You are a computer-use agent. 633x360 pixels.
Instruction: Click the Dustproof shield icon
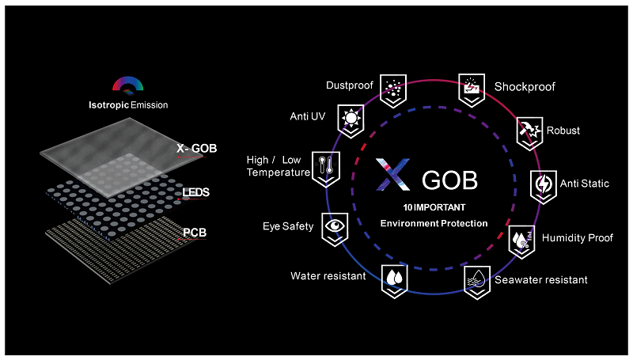392,86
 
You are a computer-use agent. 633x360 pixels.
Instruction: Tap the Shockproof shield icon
472,88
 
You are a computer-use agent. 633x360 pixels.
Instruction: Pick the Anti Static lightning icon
541,184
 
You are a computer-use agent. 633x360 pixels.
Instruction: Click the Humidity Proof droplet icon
520,238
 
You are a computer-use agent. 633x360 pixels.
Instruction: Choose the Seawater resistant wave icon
476,280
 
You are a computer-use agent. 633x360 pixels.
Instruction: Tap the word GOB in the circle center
449,180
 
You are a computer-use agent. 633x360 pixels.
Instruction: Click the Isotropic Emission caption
127,104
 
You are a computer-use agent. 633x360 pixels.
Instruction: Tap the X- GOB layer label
196,148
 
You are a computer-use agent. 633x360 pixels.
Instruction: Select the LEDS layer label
195,192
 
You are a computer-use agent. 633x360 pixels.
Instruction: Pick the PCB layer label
195,232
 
